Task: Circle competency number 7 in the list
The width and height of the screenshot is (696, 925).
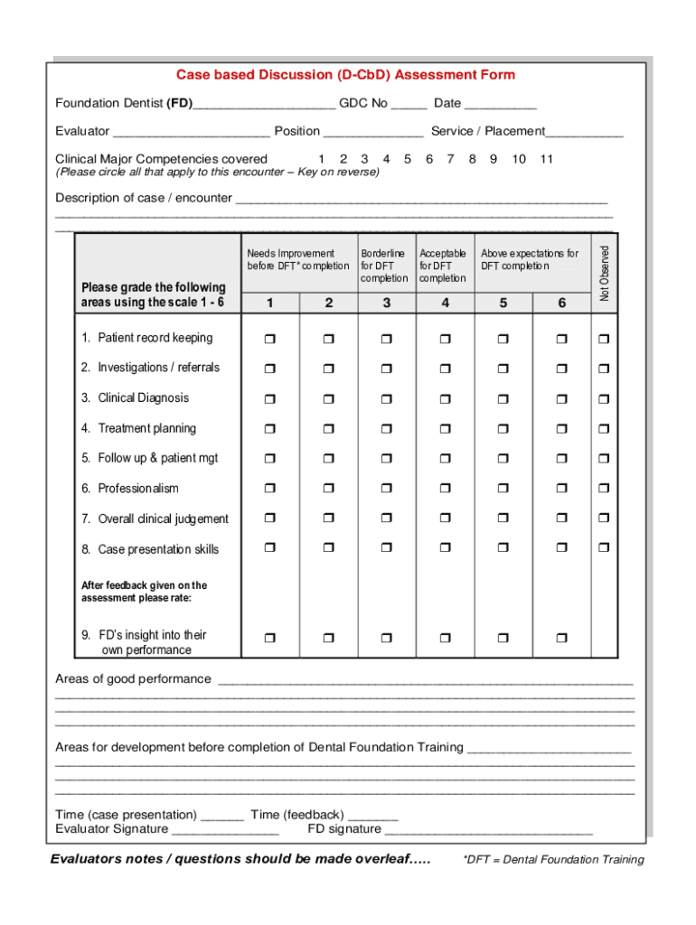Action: tap(450, 159)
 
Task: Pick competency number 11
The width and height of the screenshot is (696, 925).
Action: tap(546, 159)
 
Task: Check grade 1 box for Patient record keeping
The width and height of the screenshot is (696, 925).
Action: tap(270, 339)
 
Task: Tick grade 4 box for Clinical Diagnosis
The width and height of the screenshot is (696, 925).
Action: tap(445, 399)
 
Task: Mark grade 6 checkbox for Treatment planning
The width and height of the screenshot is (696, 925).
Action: tap(561, 429)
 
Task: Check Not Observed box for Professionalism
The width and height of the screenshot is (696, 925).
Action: tap(604, 490)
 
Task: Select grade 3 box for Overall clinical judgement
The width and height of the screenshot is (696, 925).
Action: tap(387, 519)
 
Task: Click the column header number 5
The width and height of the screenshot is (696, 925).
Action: tap(503, 304)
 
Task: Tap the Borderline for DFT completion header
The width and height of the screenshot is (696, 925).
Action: tap(383, 266)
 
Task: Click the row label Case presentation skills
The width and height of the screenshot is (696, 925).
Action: tap(158, 549)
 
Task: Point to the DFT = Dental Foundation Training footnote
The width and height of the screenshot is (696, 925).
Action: tap(553, 860)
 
